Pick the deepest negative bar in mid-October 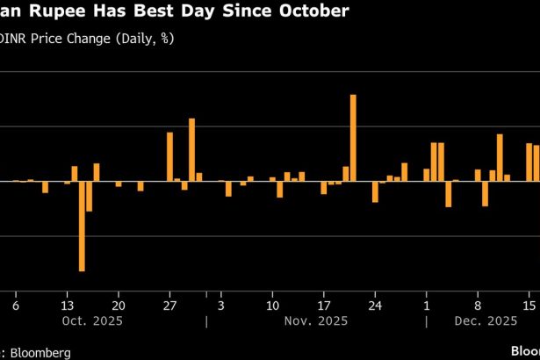pyautogui.click(x=82, y=226)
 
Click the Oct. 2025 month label pyautogui.click(x=92, y=321)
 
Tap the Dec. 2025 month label pyautogui.click(x=486, y=321)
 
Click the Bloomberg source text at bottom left pyautogui.click(x=39, y=351)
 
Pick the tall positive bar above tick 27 pyautogui.click(x=170, y=156)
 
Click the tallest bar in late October pyautogui.click(x=191, y=149)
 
